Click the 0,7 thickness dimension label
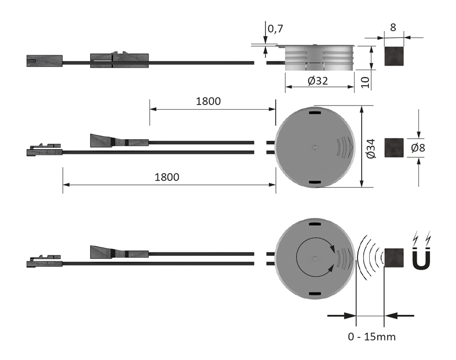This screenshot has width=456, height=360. pyautogui.click(x=275, y=29)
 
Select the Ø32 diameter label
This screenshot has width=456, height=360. pyautogui.click(x=318, y=80)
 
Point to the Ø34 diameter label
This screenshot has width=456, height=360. pyautogui.click(x=371, y=147)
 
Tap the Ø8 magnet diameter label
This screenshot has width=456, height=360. pyautogui.click(x=418, y=148)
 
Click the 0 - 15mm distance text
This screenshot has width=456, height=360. pyautogui.click(x=372, y=337)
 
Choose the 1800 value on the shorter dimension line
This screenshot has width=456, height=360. pyautogui.click(x=208, y=101)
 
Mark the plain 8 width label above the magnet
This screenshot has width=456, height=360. pyautogui.click(x=393, y=28)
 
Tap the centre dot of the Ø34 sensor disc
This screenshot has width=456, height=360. pyautogui.click(x=315, y=147)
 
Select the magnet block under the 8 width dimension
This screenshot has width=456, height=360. pyautogui.click(x=394, y=56)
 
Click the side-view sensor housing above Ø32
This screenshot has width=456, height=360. pyautogui.click(x=318, y=58)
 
